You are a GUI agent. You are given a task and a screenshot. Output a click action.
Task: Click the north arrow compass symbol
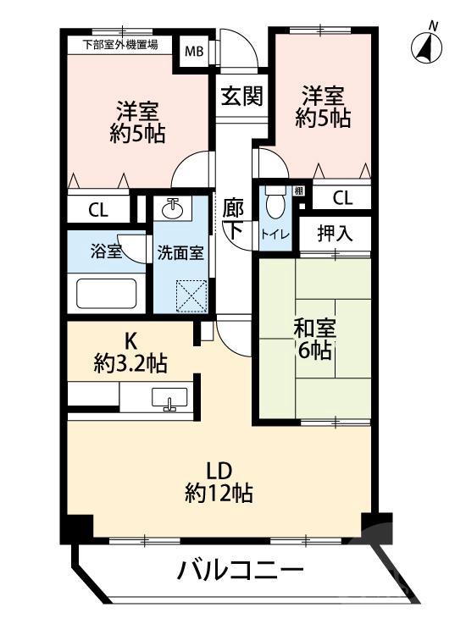pos(427,46)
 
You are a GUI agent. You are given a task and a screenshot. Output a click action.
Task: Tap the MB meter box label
pos(195,51)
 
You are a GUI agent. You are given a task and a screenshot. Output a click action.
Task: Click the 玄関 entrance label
pos(241,96)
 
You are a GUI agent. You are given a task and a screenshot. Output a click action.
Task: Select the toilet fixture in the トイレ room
pos(274,202)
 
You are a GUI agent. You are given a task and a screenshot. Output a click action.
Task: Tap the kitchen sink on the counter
pos(169,397)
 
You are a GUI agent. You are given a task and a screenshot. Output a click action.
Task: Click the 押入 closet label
pos(333,233)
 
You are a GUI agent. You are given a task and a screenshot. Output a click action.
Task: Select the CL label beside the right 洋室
pos(341,198)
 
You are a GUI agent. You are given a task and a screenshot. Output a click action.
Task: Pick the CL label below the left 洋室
pos(98,211)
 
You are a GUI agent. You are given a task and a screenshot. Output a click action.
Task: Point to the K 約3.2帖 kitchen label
pos(130,353)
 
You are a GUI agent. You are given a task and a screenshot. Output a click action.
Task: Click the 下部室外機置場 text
pos(119,45)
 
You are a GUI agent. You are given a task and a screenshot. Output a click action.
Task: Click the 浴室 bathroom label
pos(105,251)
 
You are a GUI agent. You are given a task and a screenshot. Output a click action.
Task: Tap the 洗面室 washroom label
pos(178,251)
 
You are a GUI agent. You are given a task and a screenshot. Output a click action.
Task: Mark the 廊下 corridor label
pos(235,218)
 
